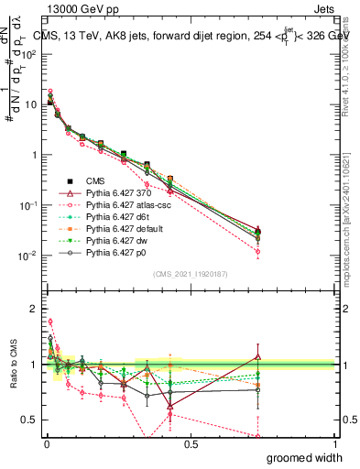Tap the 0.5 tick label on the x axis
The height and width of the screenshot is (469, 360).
click(191, 443)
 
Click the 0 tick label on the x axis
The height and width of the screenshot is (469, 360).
click(47, 443)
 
